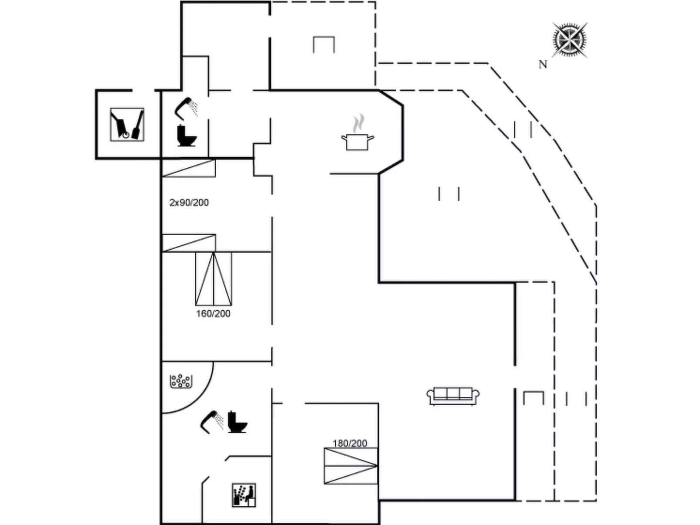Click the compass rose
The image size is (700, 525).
[569, 40]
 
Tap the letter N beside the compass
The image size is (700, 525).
[543, 64]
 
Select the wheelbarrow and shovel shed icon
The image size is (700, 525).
[127, 125]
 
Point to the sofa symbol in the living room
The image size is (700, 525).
[453, 396]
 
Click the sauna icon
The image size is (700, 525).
[244, 495]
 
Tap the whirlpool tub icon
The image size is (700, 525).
[181, 381]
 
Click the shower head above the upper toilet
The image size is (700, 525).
[186, 108]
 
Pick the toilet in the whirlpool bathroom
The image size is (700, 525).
[238, 422]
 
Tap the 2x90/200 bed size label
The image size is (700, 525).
[189, 203]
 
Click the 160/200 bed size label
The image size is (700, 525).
[213, 314]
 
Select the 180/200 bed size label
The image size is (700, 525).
[350, 444]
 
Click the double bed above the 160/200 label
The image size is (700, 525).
[214, 279]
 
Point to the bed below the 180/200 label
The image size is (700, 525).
[350, 466]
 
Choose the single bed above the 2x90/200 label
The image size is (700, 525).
[189, 168]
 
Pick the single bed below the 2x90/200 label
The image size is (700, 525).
[189, 243]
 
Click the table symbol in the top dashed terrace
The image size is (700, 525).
[324, 44]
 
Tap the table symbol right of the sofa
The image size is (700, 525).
[533, 398]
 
